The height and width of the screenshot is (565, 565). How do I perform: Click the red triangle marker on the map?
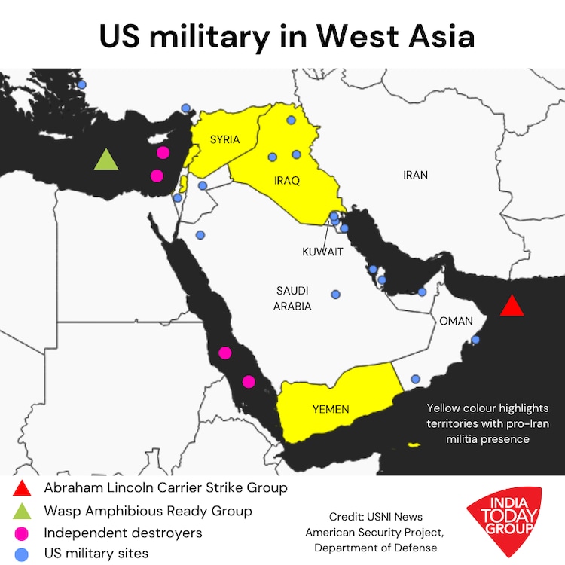[512, 307]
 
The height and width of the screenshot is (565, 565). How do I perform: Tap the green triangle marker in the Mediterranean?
[106, 160]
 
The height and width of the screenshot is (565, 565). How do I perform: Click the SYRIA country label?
[224, 139]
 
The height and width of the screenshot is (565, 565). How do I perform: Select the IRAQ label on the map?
[286, 181]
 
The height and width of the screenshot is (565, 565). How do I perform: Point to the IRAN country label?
[415, 175]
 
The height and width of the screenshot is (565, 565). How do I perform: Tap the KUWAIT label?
[322, 252]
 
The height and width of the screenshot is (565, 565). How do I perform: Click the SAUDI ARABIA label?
[293, 298]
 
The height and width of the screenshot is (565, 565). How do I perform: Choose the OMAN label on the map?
[456, 321]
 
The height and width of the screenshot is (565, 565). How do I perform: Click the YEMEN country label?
[331, 409]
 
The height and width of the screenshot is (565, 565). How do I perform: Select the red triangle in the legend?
[23, 488]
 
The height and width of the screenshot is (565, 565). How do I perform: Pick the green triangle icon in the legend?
[23, 512]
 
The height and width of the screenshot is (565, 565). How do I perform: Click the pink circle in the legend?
[23, 533]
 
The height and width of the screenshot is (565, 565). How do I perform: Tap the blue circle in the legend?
[23, 554]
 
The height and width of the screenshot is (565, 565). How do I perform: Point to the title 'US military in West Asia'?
[282, 36]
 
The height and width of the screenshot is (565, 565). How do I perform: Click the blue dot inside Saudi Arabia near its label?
[336, 294]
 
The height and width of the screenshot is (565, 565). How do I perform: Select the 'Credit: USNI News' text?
[375, 517]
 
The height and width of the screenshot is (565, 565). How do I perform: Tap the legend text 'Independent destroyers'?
[123, 533]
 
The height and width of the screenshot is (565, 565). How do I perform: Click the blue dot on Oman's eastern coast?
[475, 340]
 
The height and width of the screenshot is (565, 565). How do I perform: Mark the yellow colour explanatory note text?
[488, 423]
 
